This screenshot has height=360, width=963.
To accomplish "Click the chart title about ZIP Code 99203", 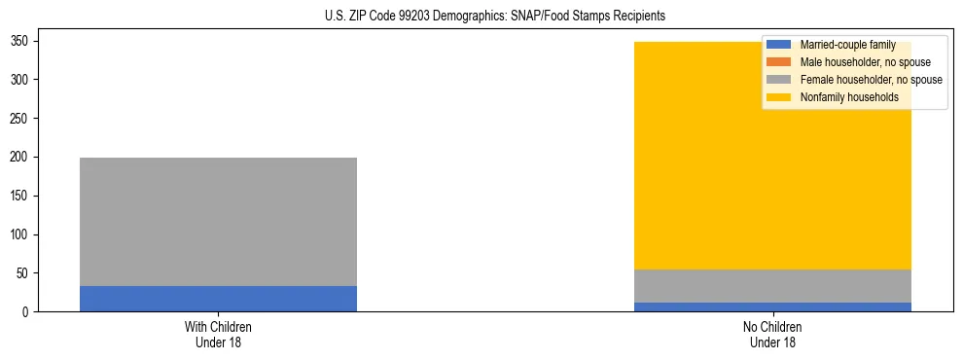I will [x=495, y=17].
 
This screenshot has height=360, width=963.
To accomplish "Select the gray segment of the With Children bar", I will [x=218, y=222].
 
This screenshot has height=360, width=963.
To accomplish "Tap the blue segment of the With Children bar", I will [x=218, y=299].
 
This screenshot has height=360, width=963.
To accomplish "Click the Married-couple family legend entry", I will [x=847, y=45].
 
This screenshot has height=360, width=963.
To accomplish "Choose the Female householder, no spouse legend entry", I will [x=871, y=80].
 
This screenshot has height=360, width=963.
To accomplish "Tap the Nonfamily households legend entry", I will [x=849, y=97].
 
